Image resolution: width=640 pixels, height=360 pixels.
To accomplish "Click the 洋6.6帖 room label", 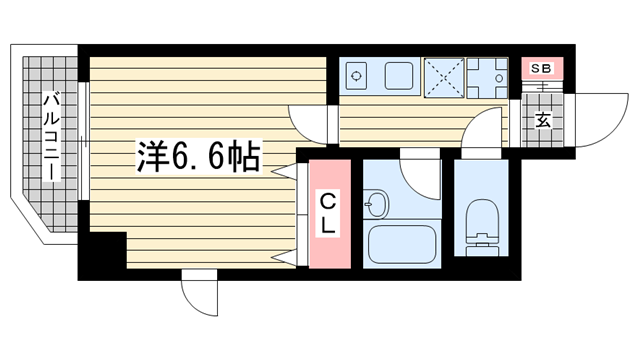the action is point(199,157).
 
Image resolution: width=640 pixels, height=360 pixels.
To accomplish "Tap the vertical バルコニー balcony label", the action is point(52,137).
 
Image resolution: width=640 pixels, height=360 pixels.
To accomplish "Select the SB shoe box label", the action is point(542,69).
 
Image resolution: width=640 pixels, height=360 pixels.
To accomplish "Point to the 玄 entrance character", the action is point(543,120).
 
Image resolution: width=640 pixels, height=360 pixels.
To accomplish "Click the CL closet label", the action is point(328,213).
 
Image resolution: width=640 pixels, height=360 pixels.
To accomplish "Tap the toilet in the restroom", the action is point(482,227).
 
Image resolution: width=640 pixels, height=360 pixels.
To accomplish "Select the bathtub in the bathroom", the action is point(402,245).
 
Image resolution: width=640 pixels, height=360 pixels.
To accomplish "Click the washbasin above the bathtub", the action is point(376,204).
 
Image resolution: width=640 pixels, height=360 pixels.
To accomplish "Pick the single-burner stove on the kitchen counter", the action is point(356,76).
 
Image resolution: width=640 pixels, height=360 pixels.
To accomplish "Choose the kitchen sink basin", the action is point(399,76).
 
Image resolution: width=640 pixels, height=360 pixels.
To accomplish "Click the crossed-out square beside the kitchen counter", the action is point(444,78).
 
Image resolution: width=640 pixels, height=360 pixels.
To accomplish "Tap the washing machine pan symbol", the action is point(487,78).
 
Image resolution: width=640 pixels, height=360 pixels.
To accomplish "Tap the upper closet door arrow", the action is point(284,172).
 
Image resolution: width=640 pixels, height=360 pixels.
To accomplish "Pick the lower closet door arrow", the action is point(284,257).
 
